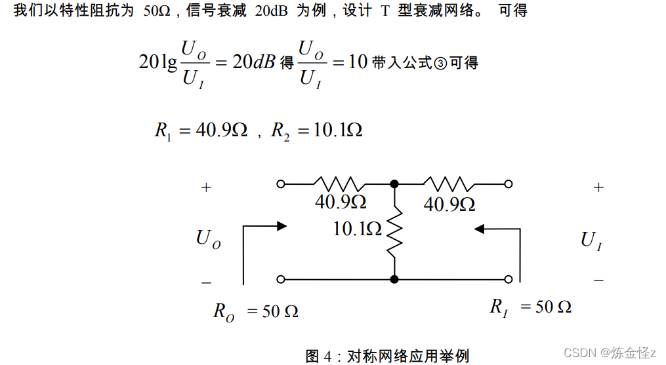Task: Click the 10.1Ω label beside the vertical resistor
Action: (357, 229)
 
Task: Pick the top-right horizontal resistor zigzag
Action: (447, 184)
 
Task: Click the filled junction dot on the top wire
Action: (394, 184)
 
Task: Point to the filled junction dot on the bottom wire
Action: (394, 279)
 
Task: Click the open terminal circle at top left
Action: (281, 184)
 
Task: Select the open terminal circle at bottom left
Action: (281, 279)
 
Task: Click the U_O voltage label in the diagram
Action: (208, 239)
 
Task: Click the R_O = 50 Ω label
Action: (255, 311)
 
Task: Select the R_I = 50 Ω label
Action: (530, 307)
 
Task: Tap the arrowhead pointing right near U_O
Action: (282, 226)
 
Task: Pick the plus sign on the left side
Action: (207, 187)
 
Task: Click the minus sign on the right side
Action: (598, 280)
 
